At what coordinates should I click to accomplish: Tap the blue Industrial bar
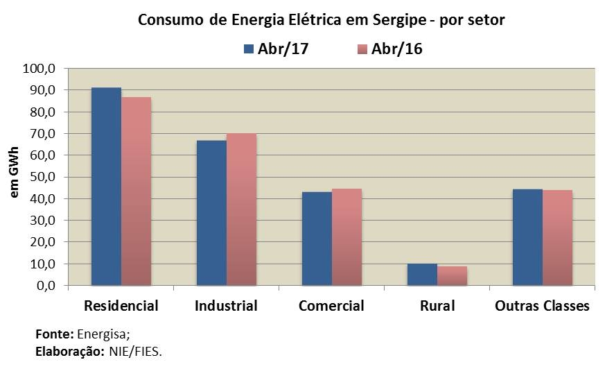(x=211, y=212)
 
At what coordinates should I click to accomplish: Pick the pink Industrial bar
(x=241, y=209)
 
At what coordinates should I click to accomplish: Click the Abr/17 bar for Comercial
(x=317, y=238)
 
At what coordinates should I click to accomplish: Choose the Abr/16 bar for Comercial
(x=347, y=237)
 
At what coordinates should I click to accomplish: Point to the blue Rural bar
(x=422, y=274)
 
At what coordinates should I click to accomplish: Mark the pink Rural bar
(x=452, y=275)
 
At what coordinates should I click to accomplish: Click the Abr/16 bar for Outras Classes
(x=557, y=237)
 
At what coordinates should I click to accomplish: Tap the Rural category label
(x=437, y=306)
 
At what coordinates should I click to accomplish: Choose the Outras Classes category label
(x=542, y=306)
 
